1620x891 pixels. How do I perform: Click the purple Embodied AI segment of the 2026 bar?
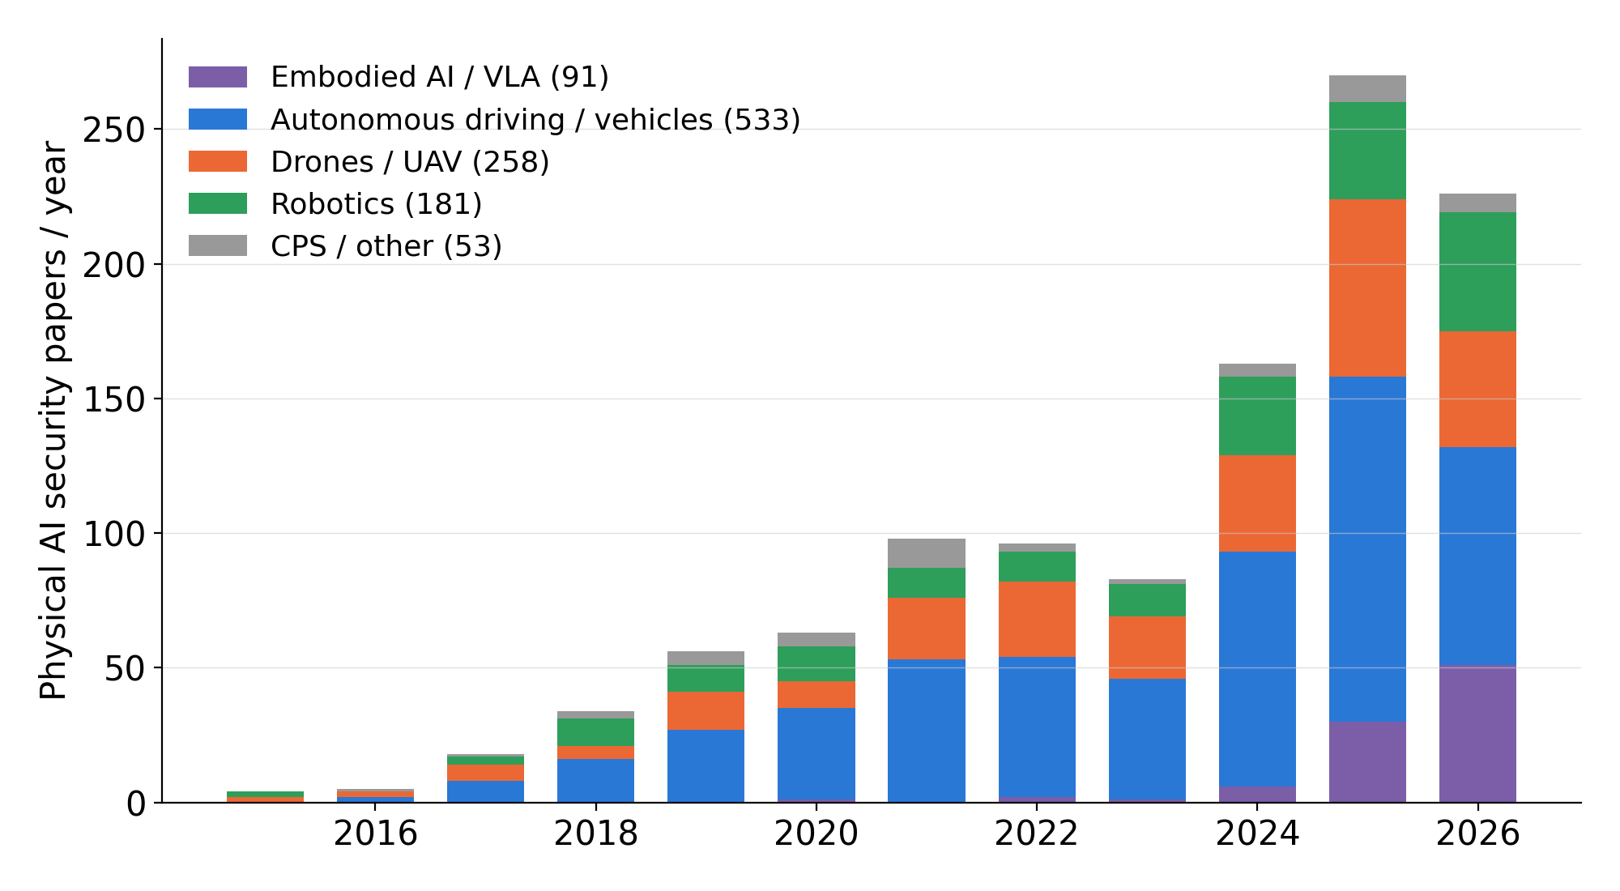[1477, 735]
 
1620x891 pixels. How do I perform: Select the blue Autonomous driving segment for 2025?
[1367, 549]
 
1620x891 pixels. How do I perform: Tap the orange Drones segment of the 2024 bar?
[1257, 504]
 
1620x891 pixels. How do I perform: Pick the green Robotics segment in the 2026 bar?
[1477, 272]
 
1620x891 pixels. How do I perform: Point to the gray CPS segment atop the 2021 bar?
[927, 553]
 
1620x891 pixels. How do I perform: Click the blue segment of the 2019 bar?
[706, 766]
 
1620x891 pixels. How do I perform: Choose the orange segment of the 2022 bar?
[1037, 620]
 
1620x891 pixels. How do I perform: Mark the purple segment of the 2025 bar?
[1367, 762]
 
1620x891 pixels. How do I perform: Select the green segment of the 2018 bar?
[595, 732]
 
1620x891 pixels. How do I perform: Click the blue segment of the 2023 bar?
[1147, 740]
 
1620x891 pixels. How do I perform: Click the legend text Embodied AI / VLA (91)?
[440, 77]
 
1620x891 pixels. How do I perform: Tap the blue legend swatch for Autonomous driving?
[218, 119]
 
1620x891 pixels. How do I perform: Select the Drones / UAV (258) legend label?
[410, 162]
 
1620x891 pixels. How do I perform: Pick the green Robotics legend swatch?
[218, 203]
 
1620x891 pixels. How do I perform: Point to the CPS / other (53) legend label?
[386, 246]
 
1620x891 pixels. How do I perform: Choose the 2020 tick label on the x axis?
[816, 833]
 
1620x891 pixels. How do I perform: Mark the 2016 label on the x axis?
[375, 833]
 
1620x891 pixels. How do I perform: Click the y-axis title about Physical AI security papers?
[53, 420]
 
